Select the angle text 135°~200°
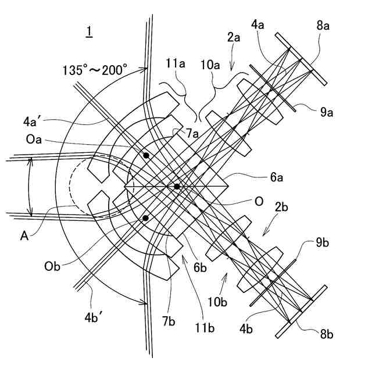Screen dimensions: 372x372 tap(95, 70)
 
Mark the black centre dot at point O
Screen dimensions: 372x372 tap(177, 187)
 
